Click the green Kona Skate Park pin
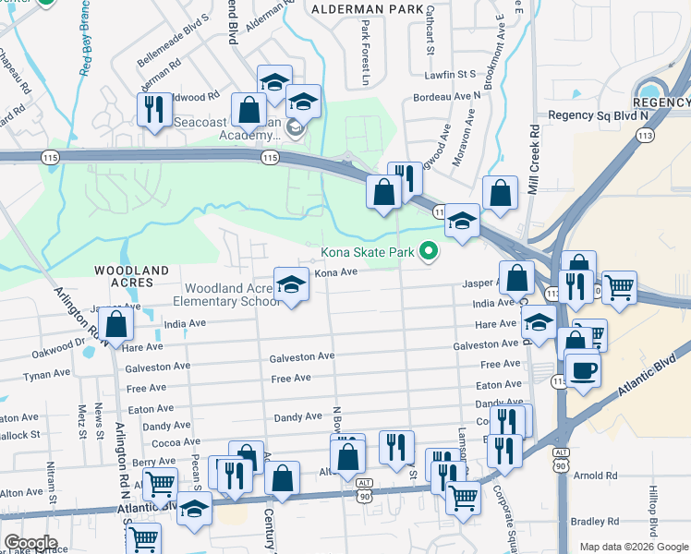pyautogui.click(x=428, y=250)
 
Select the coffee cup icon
pyautogui.click(x=582, y=372)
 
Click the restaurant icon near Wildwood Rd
pyautogui.click(x=153, y=109)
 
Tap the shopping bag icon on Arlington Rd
pyautogui.click(x=116, y=325)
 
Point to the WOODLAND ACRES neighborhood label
pyautogui.click(x=132, y=271)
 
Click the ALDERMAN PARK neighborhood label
pyautogui.click(x=358, y=7)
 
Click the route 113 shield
pyautogui.click(x=645, y=135)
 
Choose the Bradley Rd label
pyautogui.click(x=595, y=522)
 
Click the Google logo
pyautogui.click(x=30, y=543)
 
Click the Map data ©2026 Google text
pyautogui.click(x=633, y=547)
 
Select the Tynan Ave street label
pyautogui.click(x=47, y=374)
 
